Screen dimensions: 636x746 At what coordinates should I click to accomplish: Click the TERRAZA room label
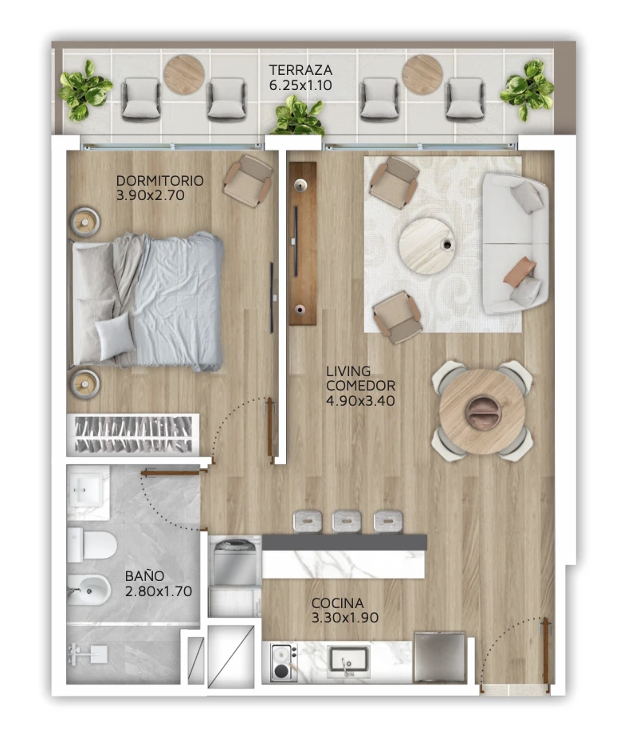[x=300, y=70]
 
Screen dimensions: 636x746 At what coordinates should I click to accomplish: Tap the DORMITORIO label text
[x=160, y=181]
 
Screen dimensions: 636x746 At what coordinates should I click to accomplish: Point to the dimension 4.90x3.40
[x=360, y=401]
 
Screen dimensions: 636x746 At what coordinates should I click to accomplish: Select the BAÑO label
[x=144, y=575]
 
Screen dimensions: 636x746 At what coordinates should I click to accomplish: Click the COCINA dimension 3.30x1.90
[x=345, y=618]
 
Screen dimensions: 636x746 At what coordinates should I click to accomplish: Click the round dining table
[x=482, y=411]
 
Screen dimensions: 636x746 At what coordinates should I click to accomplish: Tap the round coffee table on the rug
[x=427, y=246]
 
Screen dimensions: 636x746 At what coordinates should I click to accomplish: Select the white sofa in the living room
[x=515, y=243]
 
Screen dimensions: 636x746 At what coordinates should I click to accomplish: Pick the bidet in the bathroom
[x=89, y=590]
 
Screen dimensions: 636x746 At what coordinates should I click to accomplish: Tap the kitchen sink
[x=347, y=661]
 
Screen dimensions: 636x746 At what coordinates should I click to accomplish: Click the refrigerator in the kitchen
[x=439, y=657]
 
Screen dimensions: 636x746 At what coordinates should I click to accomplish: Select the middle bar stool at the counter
[x=347, y=521]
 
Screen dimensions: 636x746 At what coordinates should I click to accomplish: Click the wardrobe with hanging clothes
[x=133, y=434]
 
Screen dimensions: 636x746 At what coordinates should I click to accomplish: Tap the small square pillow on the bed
[x=114, y=336]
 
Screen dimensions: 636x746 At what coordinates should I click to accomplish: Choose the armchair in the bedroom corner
[x=249, y=180]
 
